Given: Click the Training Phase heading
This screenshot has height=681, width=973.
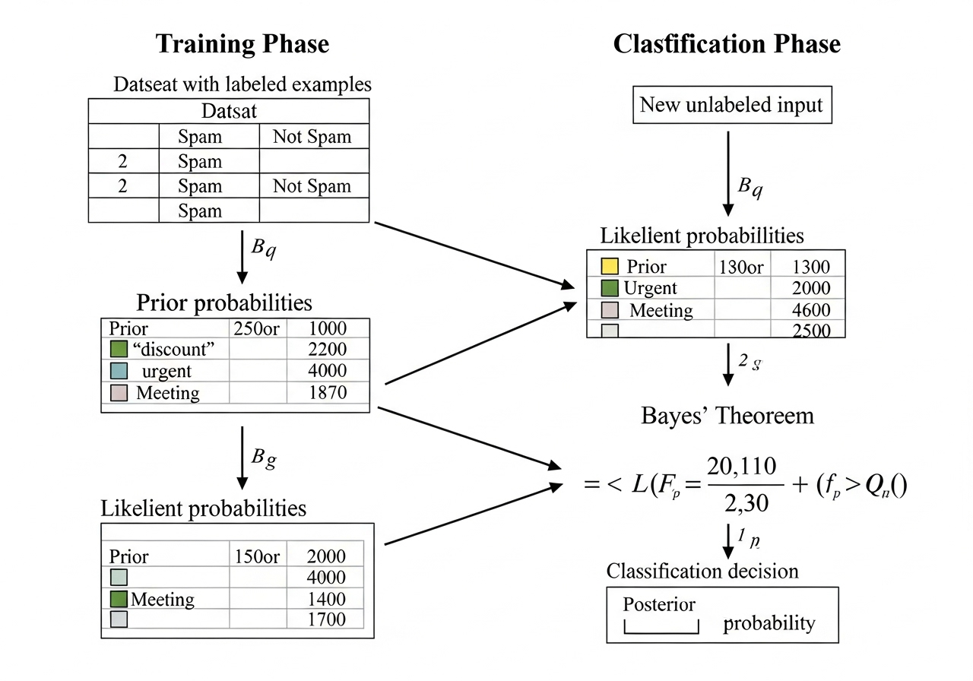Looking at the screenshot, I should coord(242,44).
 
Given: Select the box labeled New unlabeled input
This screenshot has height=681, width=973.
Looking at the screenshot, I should coord(731,104).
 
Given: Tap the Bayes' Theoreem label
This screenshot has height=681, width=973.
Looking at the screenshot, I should coord(727,416).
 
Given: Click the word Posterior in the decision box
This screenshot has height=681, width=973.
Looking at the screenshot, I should coord(659,604).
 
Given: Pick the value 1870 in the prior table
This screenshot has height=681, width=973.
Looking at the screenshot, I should coord(328,392).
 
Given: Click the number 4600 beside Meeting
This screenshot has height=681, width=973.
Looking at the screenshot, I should coord(810,310).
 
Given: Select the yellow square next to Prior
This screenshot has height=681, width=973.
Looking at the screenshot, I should coord(610,267).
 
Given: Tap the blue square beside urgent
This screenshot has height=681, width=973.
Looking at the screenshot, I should coord(118,371).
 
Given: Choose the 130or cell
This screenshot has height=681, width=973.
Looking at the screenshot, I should coord(743,267).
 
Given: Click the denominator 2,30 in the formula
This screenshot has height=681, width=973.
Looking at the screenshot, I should coord(744,502).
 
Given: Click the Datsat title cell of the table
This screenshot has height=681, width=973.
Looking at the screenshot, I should coord(229,112).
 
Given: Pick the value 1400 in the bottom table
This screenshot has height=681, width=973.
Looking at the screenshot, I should coord(327,599).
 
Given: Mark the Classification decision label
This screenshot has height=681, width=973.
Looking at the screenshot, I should coord(702,570).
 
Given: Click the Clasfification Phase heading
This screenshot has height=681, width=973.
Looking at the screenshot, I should coord(726,44).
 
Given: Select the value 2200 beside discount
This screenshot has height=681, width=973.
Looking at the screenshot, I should coord(328,350).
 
